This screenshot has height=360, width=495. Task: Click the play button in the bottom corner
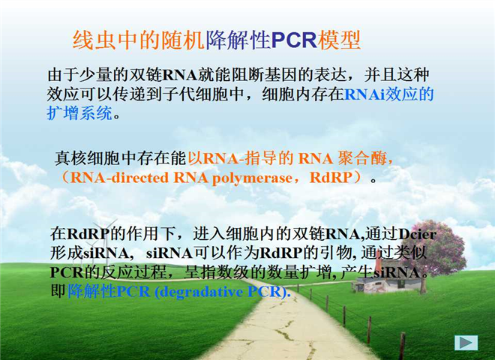(x=466, y=343)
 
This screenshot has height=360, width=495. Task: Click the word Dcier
(x=418, y=234)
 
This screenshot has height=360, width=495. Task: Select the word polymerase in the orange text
(x=252, y=178)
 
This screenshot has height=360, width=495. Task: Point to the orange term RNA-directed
(x=119, y=178)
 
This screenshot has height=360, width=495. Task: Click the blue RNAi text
(x=364, y=94)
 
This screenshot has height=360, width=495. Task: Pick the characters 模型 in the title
(x=339, y=40)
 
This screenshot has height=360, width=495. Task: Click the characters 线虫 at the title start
(x=94, y=40)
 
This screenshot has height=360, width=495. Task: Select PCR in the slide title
(x=294, y=40)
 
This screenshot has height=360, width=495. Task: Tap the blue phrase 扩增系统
(x=79, y=113)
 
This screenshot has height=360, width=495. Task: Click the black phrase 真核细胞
(x=88, y=158)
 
